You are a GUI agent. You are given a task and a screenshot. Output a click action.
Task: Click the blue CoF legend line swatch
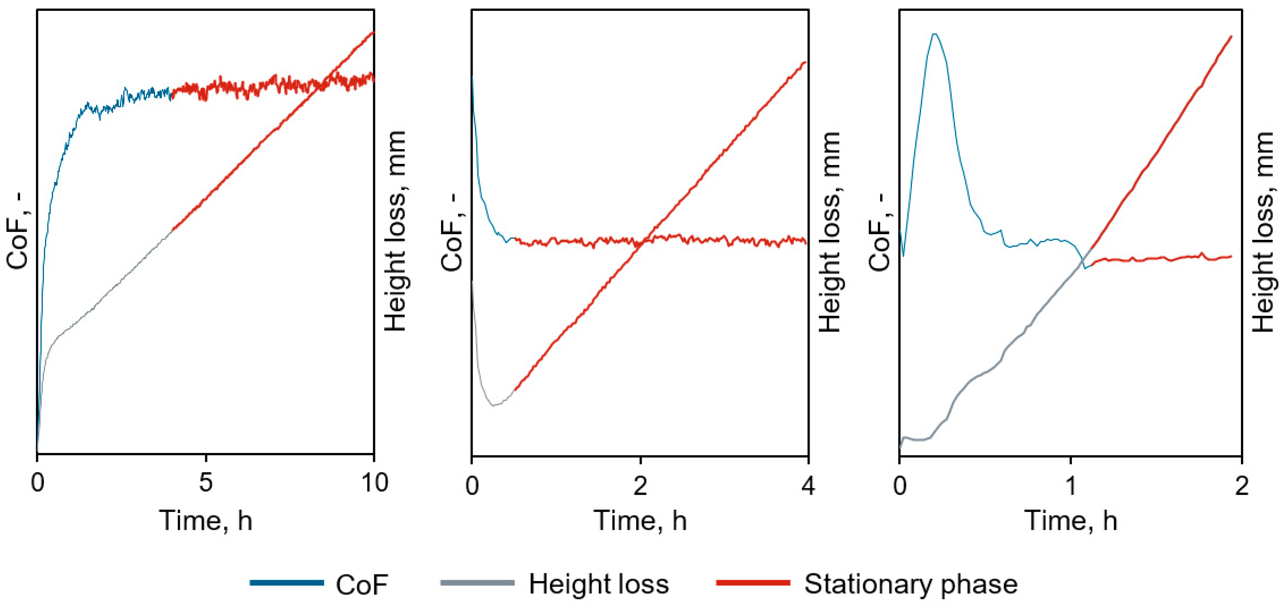(x=287, y=582)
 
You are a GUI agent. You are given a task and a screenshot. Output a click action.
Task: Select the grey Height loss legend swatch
(x=477, y=582)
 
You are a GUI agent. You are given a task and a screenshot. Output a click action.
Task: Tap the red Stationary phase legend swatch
(x=753, y=582)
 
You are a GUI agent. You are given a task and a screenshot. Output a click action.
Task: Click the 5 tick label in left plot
(x=206, y=483)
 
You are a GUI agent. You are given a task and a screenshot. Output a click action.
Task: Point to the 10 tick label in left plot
(x=374, y=483)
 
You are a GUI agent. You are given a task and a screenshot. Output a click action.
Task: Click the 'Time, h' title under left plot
(x=206, y=521)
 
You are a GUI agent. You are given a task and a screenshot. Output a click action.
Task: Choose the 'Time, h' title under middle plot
(x=640, y=521)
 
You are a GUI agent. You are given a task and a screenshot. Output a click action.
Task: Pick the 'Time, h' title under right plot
(x=1071, y=521)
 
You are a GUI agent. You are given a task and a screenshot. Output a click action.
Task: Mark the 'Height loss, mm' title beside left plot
(x=396, y=231)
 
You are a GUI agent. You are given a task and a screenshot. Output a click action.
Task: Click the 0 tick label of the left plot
(x=37, y=483)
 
